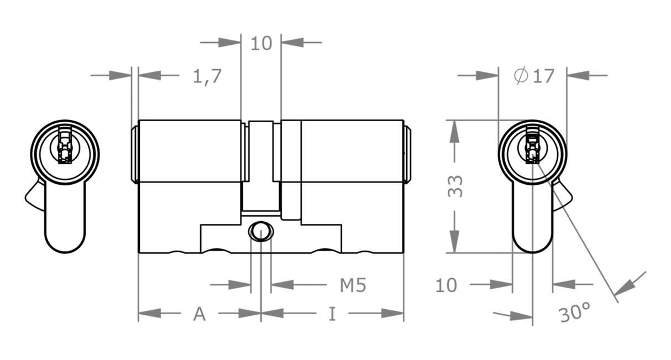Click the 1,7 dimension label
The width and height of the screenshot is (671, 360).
coord(207,77)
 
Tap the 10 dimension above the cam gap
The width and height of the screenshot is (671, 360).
coord(261,44)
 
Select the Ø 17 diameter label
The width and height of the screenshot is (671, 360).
coord(534,76)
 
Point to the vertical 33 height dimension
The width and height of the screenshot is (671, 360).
coord(455,186)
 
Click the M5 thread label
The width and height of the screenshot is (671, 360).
coord(353,285)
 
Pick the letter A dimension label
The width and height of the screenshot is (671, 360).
coord(200,314)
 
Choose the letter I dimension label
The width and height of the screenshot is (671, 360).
coord(332,314)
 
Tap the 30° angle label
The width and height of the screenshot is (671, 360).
coord(574,312)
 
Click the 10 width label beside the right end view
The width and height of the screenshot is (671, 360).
coord(446,285)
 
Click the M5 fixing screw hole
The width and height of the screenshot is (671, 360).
coord(261,231)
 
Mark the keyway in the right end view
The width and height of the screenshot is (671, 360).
coord(532,145)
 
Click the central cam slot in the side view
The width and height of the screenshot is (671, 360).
coord(261,166)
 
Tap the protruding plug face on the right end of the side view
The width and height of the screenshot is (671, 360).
coord(407,155)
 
